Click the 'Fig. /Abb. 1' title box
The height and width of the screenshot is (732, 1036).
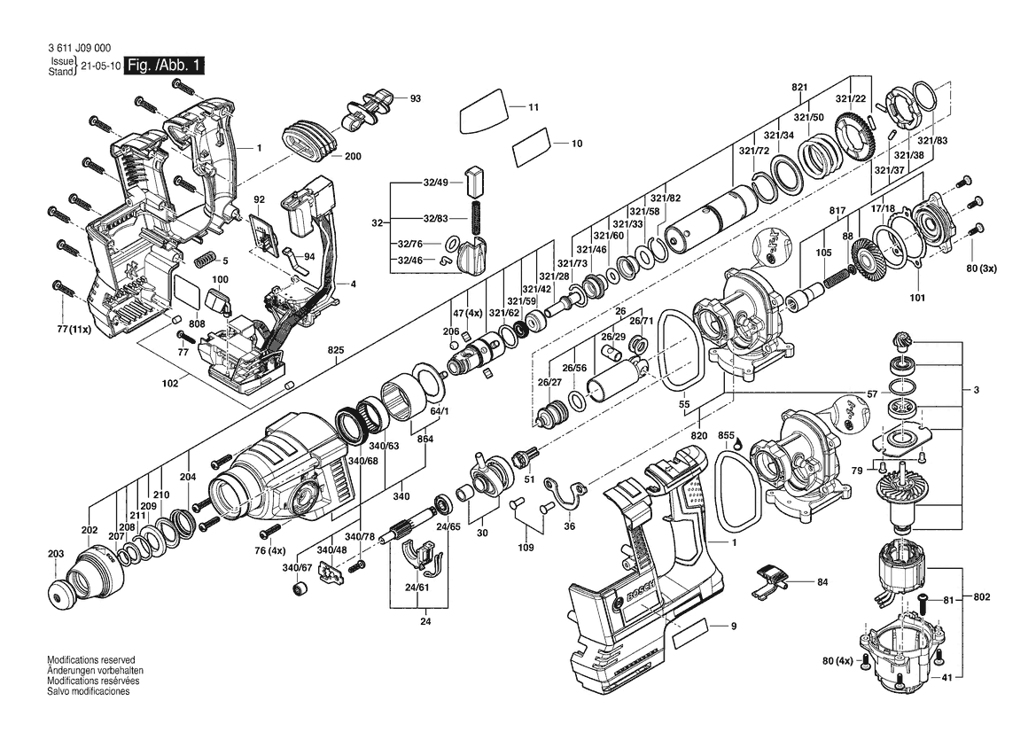point(165,66)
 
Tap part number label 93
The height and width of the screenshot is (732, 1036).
point(415,98)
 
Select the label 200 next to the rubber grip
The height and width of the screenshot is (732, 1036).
point(353,157)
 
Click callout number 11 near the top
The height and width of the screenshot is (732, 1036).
point(534,107)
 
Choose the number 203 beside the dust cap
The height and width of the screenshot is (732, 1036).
point(56,554)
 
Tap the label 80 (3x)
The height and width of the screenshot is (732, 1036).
point(982,269)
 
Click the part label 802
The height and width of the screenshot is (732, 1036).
point(982,596)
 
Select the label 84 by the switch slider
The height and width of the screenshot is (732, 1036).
point(822,582)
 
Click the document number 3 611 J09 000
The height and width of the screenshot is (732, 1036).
point(79,48)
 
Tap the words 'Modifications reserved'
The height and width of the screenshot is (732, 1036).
point(91,660)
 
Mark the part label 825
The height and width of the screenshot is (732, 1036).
point(336,349)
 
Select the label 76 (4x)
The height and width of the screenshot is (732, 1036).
point(269,551)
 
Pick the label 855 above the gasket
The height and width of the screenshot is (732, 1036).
point(726,435)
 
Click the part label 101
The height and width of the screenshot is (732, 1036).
point(917,297)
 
